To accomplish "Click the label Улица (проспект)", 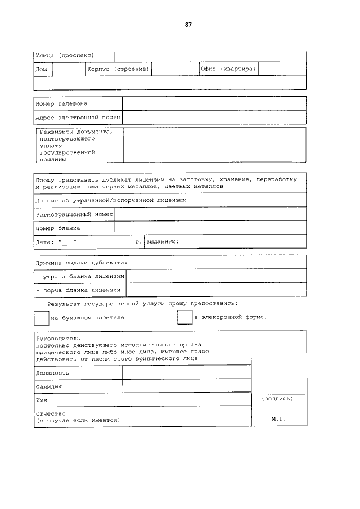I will [x=64, y=55].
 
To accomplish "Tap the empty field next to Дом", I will [x=68, y=69].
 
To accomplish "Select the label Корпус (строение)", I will [x=118, y=69].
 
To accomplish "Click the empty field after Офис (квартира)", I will [x=282, y=69].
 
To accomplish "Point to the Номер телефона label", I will [x=61, y=104].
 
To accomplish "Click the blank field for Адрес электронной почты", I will [x=214, y=118].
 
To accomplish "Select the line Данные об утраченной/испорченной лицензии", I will [x=111, y=200].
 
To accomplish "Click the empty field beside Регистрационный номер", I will [x=210, y=214].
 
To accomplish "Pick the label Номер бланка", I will [x=58, y=228].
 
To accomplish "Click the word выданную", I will [x=163, y=241].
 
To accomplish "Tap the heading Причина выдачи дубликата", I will [x=82, y=262].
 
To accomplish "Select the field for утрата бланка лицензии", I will [x=216, y=276].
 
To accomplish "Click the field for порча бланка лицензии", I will [x=216, y=290].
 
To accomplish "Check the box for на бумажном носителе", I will [x=42, y=317].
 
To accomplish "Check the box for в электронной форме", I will [x=185, y=317].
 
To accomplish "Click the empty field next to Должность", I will [x=187, y=372].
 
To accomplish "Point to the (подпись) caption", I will [x=278, y=398].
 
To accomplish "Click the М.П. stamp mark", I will [x=278, y=420].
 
